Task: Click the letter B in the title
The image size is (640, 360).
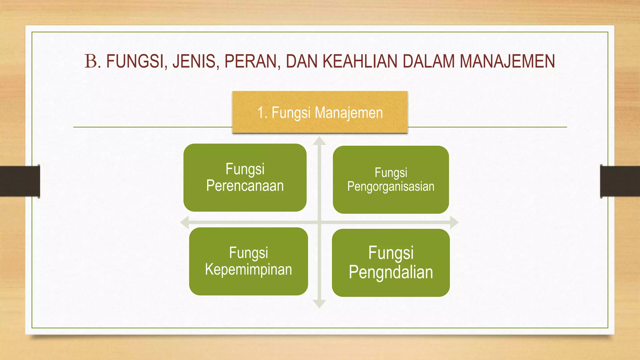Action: [91, 61]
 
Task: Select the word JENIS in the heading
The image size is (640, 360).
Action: [194, 61]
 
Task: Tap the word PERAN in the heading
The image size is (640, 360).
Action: [250, 61]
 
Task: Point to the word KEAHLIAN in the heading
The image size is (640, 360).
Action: [360, 61]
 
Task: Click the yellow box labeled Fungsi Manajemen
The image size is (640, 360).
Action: [320, 112]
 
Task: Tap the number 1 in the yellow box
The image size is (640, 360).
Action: [261, 112]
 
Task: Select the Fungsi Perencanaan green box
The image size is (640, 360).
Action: [245, 177]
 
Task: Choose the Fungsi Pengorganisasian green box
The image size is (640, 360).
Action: [391, 179]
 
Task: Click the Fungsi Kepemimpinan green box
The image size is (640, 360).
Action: [248, 261]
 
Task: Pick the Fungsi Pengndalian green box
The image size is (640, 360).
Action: [391, 262]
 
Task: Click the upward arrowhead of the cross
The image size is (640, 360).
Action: [319, 141]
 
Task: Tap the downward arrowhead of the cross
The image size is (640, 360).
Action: [319, 304]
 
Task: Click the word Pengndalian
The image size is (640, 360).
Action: [391, 272]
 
